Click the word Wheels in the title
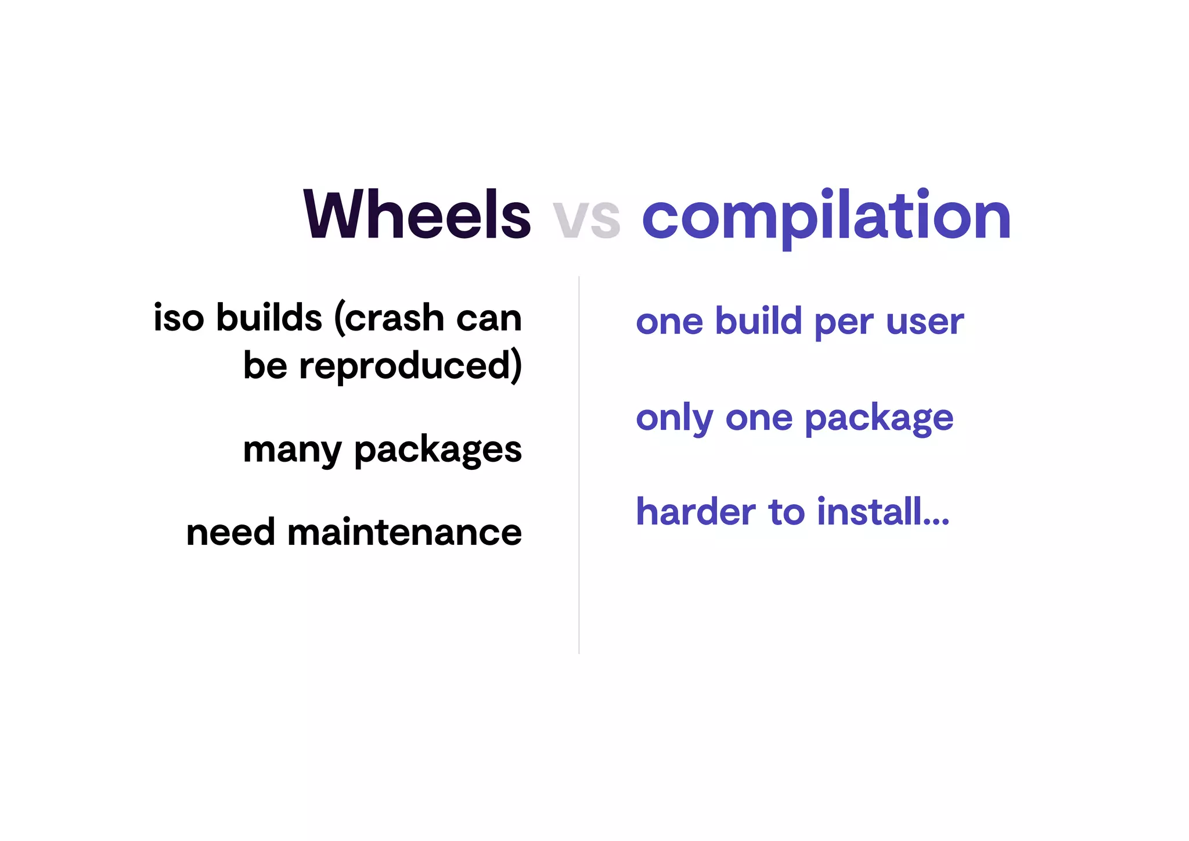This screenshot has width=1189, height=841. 417,215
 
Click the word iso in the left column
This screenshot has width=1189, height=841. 179,318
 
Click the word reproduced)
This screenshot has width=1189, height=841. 410,366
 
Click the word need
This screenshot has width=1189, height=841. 230,532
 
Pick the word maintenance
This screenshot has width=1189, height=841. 405,532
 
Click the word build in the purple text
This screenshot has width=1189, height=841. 758,321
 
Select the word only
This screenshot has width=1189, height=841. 674,418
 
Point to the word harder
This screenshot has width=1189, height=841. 696,512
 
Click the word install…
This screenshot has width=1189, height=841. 882,512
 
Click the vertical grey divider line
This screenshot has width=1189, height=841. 579,465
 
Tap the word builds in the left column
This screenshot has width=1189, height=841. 269,318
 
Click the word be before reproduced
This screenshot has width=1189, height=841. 265,366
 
